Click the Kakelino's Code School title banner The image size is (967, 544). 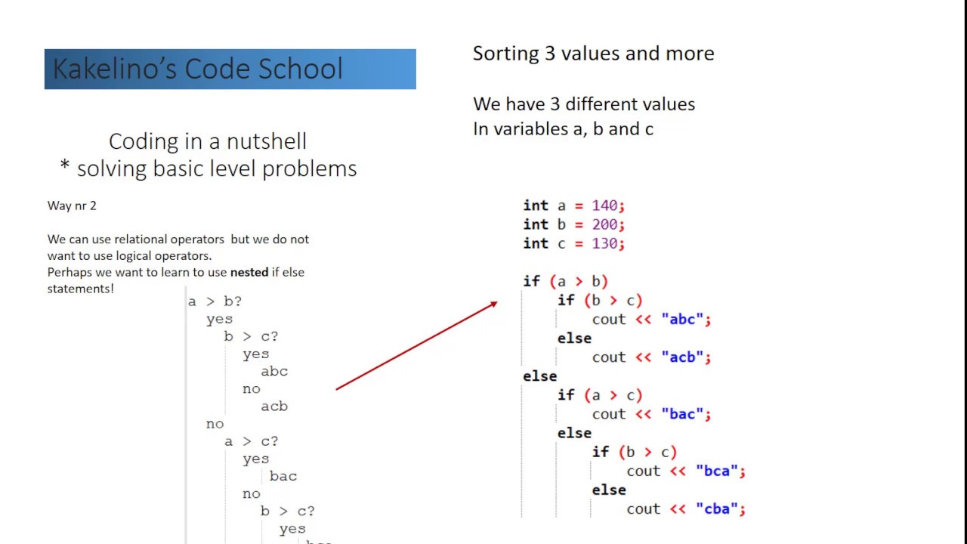[x=230, y=70]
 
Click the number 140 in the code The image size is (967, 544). [x=604, y=206]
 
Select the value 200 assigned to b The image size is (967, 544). [x=604, y=224]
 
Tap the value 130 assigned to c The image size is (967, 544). [x=604, y=243]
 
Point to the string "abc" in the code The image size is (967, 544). [x=683, y=320]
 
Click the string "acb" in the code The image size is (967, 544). [x=683, y=357]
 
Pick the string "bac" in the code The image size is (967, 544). [x=683, y=414]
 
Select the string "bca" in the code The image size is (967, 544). [x=717, y=471]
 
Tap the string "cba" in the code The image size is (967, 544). [x=717, y=509]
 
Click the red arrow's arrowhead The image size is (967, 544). [x=493, y=304]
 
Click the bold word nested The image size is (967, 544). [x=249, y=272]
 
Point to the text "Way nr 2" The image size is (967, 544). [x=72, y=206]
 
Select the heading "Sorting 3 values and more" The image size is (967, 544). [x=593, y=54]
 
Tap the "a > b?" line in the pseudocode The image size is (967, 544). [x=215, y=301]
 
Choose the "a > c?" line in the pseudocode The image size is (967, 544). [x=251, y=441]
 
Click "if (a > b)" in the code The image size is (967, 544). [x=565, y=282]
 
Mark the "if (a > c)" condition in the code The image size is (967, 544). [x=600, y=395]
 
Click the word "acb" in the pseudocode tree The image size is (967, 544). [x=274, y=406]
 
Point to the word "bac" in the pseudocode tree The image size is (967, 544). [x=283, y=476]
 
